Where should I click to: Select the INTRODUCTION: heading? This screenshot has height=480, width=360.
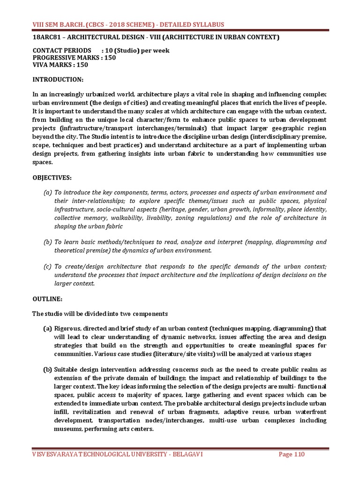tap(58, 80)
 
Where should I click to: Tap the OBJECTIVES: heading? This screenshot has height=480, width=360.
tap(52, 178)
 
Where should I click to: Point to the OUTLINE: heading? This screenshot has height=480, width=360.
tap(46, 299)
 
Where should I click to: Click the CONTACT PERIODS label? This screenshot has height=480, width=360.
tap(62, 50)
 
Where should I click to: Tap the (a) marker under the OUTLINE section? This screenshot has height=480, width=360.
tap(47, 329)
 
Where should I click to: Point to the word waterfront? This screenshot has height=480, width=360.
tap(310, 412)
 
